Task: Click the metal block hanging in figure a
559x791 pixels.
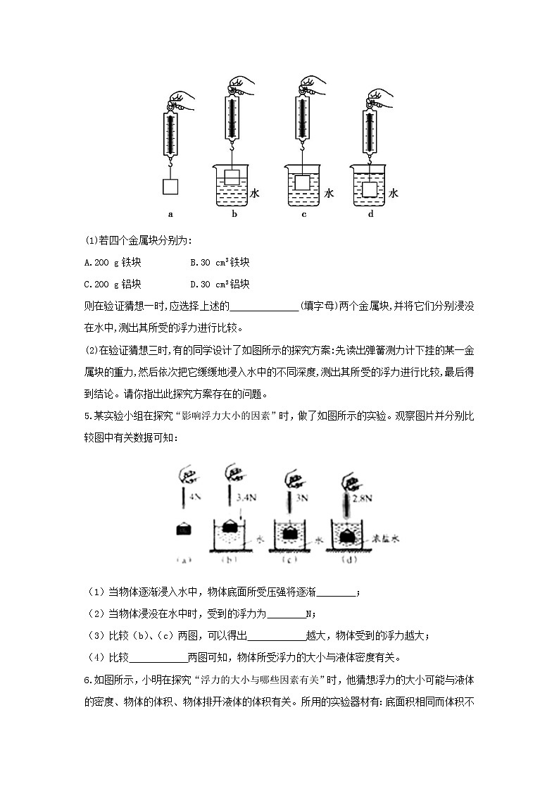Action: (x=170, y=187)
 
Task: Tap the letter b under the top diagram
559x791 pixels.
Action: (x=234, y=214)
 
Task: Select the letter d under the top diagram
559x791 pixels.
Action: (x=370, y=214)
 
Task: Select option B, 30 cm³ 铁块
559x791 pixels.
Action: (x=220, y=263)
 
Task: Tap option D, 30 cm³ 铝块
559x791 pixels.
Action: (x=220, y=285)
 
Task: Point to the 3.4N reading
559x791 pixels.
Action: (x=246, y=497)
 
